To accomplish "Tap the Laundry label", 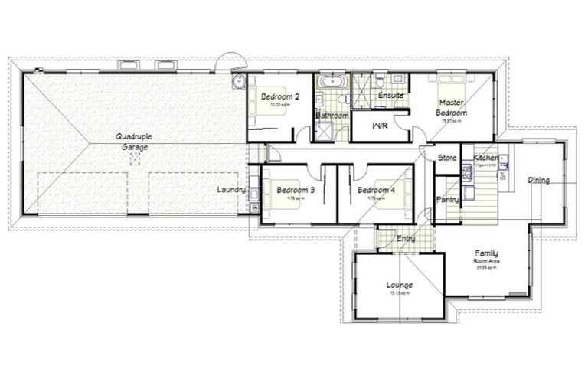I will tap(230, 189).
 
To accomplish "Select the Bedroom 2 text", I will tap(279, 96).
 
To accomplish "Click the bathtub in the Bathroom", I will tap(332, 80).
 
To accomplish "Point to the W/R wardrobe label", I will tap(380, 125).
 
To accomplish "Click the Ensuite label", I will tap(391, 95).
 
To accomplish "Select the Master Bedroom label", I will tap(452, 106).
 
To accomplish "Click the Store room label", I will tap(446, 158).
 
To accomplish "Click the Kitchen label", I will tap(485, 158).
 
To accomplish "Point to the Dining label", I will tap(538, 181).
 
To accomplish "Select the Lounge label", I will tap(399, 285).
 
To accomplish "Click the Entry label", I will tap(406, 240).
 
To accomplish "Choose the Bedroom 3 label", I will tap(296, 190).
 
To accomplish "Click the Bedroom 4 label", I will tap(376, 190).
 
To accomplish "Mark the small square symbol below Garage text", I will tap(136, 158).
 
